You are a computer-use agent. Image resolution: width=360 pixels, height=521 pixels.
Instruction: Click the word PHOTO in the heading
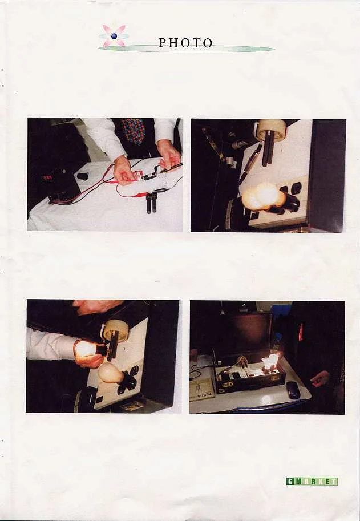coord(185,43)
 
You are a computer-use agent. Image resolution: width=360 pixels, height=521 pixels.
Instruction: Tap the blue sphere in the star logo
coord(114,36)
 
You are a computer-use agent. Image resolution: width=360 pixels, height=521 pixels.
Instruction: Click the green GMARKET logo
coord(312,481)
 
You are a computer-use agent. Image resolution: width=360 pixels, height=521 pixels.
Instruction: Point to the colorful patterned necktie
coord(134,131)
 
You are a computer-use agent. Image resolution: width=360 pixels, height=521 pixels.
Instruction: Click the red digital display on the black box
coord(47,178)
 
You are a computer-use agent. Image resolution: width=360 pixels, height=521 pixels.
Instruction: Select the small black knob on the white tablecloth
coord(82,176)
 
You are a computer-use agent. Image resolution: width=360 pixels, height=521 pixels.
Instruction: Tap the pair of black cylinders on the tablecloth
coord(151,202)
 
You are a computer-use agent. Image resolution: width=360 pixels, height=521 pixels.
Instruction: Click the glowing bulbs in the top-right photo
coord(264,196)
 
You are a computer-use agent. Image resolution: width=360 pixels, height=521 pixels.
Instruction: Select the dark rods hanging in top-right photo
coord(268,148)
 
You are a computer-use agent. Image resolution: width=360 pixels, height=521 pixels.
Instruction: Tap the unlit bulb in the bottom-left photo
coord(111,373)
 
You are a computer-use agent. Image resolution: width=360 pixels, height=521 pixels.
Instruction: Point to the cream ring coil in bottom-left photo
coord(115,331)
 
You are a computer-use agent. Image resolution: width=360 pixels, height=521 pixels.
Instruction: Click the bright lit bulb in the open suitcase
coord(270,361)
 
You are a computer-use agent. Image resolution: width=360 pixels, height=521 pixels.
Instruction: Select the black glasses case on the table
coord(293,390)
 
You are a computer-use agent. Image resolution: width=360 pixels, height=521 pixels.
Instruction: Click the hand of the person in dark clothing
coord(321,379)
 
